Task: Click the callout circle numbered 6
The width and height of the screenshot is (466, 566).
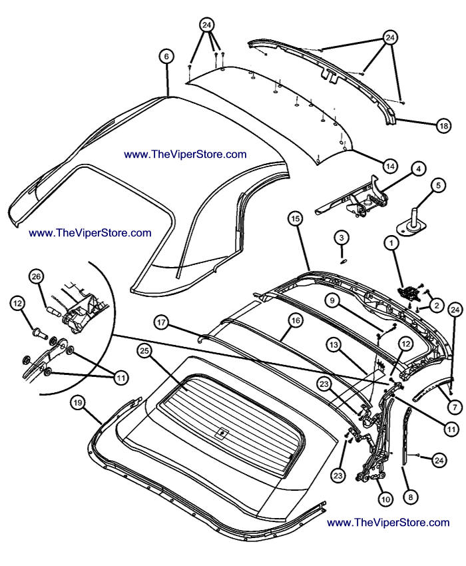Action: tap(166, 57)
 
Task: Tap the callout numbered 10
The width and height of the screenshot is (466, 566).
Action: tap(383, 496)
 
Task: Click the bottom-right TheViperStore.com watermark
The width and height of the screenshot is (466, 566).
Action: tap(388, 523)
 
